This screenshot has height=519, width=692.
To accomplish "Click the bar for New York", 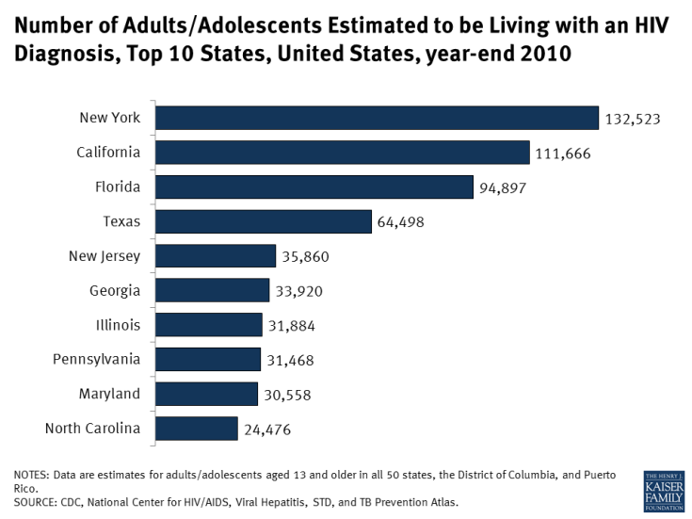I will coord(377,118).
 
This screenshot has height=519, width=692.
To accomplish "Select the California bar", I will coord(343,153).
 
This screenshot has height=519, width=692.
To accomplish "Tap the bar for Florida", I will coord(314,187).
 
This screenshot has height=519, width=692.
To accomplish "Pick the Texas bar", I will coord(264,221).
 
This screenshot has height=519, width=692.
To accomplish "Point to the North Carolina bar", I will coord(196,429).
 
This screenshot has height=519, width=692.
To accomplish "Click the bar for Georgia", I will coord(212,290).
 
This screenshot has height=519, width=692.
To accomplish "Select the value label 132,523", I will coord(633,119).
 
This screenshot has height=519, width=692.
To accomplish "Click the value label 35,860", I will coord(305,256).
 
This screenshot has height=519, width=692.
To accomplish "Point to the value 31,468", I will coord(290,360).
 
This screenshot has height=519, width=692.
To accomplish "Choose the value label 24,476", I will coord(267,430).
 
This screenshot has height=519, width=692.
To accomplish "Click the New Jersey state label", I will coord(105,255).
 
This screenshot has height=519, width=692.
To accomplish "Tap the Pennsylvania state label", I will coord(95,359).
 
